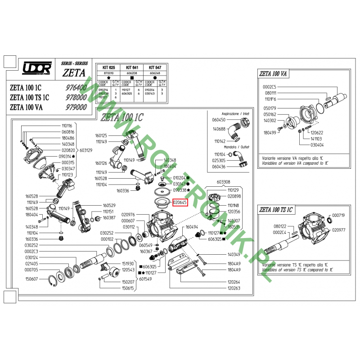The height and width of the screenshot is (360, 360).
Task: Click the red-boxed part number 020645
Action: (x=180, y=202)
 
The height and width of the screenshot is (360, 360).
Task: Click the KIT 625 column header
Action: (x=108, y=66)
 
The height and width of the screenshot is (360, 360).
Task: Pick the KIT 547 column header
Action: (x=155, y=66)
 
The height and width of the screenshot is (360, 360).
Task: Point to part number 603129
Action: (x=87, y=150)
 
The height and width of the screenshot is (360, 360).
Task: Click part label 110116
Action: (x=67, y=126)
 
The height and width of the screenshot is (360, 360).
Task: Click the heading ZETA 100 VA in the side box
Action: (x=276, y=74)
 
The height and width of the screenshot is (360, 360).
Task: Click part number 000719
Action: (x=338, y=216)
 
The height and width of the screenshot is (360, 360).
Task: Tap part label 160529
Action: (x=109, y=205)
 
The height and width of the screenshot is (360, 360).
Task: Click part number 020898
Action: (x=234, y=196)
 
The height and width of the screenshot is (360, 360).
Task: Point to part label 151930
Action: (x=128, y=263)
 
